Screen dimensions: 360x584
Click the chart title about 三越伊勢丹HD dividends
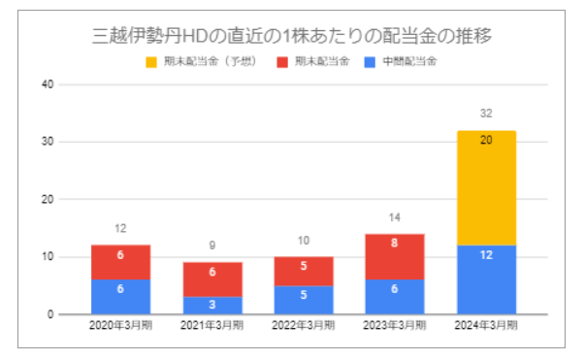(x=291, y=37)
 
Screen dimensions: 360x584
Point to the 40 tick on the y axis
(x=47, y=84)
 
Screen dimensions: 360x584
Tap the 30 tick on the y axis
(x=47, y=142)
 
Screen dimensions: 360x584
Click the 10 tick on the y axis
(x=47, y=257)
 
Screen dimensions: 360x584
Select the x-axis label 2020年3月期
(x=121, y=328)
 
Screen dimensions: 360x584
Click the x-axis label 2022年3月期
(x=305, y=328)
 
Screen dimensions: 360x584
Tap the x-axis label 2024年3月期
(x=487, y=328)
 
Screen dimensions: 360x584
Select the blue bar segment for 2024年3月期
(x=487, y=279)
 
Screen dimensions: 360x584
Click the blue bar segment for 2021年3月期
(x=212, y=306)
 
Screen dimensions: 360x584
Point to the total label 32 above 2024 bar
(x=487, y=114)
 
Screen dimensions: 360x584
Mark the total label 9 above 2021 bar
(x=212, y=246)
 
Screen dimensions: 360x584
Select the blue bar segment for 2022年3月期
(x=305, y=300)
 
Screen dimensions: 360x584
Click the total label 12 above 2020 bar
(x=121, y=229)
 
